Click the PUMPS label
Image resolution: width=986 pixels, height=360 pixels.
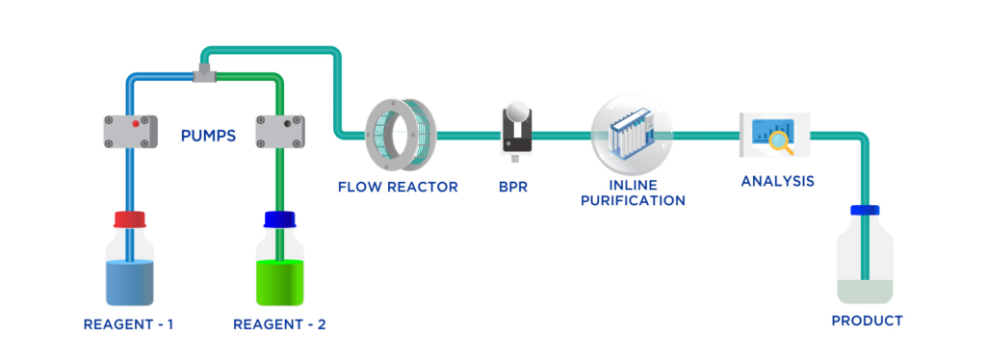click(208, 136)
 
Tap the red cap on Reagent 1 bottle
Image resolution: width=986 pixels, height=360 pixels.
click(130, 219)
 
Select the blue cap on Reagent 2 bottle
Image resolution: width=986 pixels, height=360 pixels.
click(279, 219)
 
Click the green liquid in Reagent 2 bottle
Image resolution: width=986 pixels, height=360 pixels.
click(279, 282)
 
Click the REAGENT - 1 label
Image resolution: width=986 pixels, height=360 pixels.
click(128, 324)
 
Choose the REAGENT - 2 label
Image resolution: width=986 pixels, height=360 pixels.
click(279, 324)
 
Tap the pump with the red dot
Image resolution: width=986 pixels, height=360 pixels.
click(130, 131)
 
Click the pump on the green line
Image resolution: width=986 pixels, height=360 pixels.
click(279, 131)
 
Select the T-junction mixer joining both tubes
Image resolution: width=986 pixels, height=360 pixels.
click(204, 73)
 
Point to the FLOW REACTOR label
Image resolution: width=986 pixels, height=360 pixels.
click(397, 186)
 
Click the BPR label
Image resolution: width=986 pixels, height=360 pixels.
click(513, 186)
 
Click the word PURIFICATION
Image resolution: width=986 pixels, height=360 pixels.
click(633, 200)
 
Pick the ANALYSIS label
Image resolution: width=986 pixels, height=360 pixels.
click(778, 181)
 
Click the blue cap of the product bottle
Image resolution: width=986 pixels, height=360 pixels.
click(865, 210)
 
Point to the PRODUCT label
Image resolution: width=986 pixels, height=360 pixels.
click(867, 321)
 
